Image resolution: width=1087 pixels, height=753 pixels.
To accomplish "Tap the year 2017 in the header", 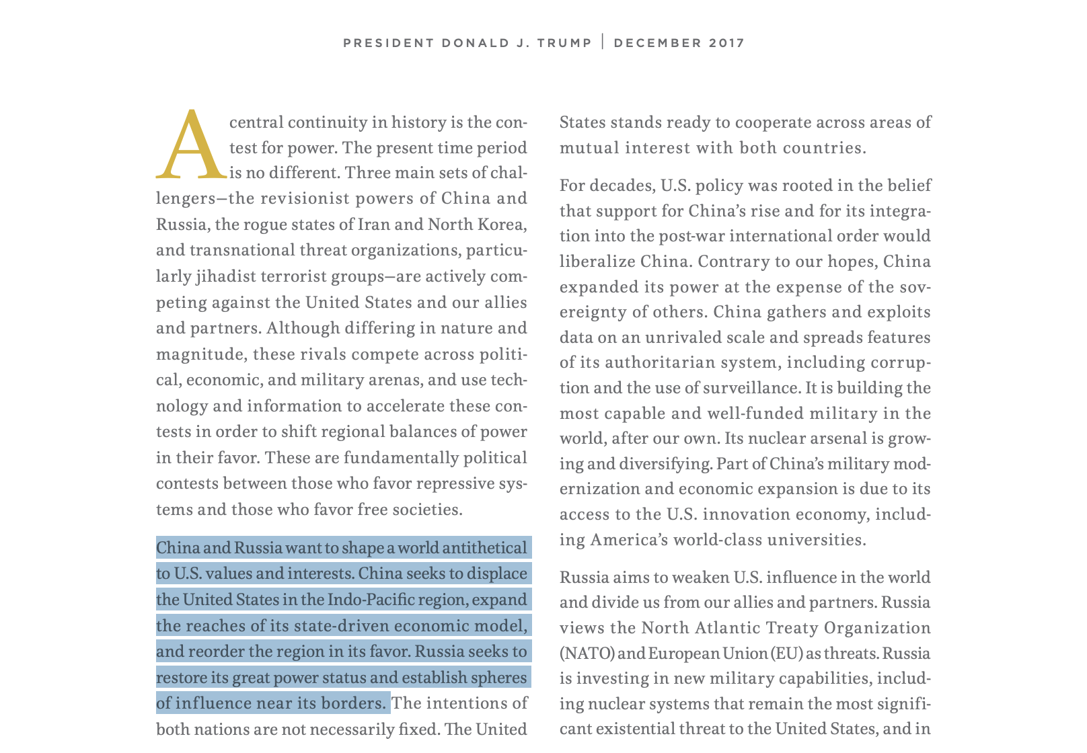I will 727,43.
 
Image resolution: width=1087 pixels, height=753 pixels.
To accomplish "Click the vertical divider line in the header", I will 603,42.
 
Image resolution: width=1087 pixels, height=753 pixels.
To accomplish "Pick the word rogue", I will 258,224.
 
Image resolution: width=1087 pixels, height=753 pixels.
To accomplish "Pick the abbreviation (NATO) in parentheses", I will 587,653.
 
